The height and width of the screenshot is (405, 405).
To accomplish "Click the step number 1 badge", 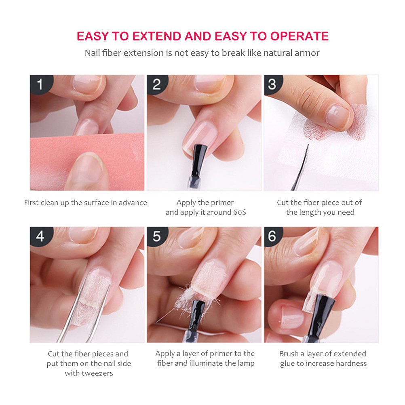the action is (40, 84).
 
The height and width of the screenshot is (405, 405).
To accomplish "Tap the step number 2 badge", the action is (156, 84).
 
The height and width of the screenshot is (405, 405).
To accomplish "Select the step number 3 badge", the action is (272, 84).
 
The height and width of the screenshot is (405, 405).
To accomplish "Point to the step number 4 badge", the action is (40, 236).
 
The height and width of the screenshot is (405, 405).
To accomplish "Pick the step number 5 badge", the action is (156, 236).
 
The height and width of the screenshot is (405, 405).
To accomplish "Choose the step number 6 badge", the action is (272, 236).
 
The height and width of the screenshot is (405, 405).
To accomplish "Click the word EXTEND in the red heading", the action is (157, 36).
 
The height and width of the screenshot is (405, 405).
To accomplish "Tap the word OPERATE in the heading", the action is (300, 36).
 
